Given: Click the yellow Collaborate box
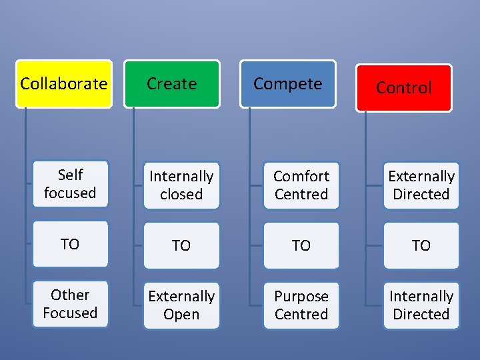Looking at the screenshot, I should (x=63, y=84).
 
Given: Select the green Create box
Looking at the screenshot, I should (x=172, y=84).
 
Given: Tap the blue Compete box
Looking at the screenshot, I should (x=287, y=84).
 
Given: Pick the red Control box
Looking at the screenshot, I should (x=403, y=87).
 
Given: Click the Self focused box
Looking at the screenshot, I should (x=70, y=184).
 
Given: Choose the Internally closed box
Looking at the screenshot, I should (x=181, y=185).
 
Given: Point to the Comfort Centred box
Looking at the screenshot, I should (x=301, y=185).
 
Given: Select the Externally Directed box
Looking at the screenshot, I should (x=421, y=185).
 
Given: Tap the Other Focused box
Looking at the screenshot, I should (x=70, y=304).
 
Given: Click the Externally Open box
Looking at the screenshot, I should (x=181, y=305).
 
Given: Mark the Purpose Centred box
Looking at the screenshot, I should (x=301, y=305).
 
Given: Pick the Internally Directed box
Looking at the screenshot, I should (x=421, y=305).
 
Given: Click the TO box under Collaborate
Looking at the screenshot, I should (x=70, y=244).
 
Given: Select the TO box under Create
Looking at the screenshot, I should (x=181, y=245).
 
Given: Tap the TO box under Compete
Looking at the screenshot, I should (x=301, y=245).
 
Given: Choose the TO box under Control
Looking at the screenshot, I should (x=421, y=245).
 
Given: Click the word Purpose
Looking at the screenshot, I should (x=301, y=296).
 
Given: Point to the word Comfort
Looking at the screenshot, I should (x=301, y=176).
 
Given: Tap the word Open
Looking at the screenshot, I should (x=181, y=315).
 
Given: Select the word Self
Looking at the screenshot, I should (x=70, y=175).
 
